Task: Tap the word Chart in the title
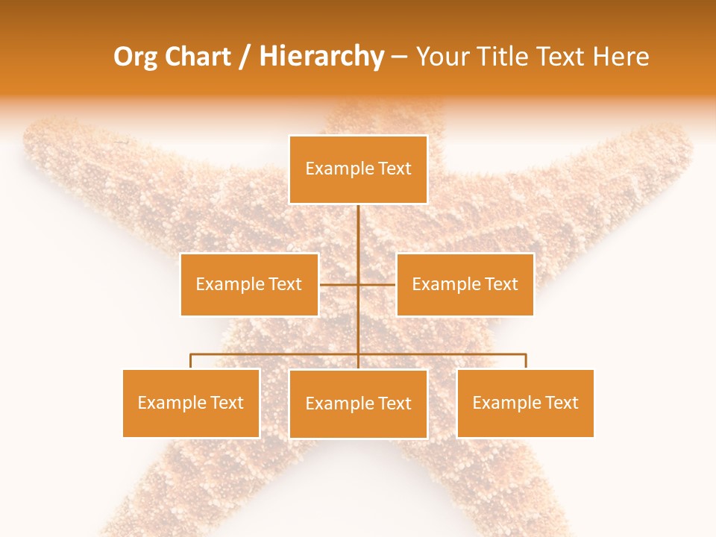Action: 198,57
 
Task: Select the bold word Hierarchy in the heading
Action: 321,57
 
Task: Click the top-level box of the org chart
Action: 358,169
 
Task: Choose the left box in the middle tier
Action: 249,284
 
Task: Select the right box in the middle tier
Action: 465,284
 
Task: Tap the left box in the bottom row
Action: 191,403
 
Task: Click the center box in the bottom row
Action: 358,404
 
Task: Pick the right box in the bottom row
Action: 525,403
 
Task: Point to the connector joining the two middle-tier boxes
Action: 339,284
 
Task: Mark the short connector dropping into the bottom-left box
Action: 191,361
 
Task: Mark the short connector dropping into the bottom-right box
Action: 525,361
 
